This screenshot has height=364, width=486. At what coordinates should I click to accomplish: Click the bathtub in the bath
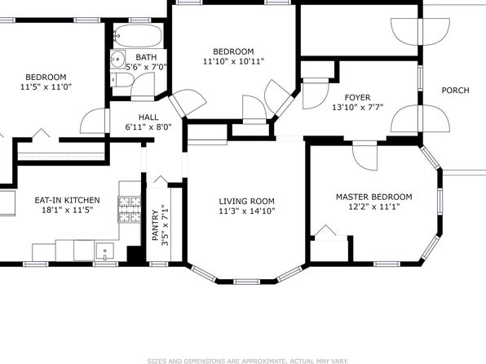point(138,36)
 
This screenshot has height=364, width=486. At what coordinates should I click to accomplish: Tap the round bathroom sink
point(117,59)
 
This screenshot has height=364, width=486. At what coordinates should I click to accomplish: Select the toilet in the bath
point(121,80)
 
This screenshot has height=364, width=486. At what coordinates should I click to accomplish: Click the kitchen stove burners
point(130,210)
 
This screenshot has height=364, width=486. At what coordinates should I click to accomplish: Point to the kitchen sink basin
point(104,251)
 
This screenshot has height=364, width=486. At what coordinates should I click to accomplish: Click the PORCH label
point(455,91)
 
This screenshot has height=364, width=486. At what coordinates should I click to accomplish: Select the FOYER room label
point(357,97)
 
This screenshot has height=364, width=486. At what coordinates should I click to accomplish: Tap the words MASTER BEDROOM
point(374,197)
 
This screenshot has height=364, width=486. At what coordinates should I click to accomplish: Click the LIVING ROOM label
point(247,201)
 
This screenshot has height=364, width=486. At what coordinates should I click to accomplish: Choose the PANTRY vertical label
point(155,225)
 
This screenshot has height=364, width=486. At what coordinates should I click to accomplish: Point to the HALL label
point(148,118)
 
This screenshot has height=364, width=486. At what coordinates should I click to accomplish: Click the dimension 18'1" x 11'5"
point(68,210)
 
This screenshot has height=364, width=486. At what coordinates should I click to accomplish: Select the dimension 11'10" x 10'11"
point(234,61)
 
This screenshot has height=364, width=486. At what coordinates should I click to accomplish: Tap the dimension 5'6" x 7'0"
point(146,66)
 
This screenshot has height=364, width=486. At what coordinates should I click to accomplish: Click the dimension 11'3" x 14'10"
point(247,211)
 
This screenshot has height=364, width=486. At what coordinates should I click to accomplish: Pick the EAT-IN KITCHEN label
point(67,200)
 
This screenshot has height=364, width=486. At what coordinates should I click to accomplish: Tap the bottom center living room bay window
point(246,282)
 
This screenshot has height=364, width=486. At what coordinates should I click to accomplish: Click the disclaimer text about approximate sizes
point(248,361)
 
